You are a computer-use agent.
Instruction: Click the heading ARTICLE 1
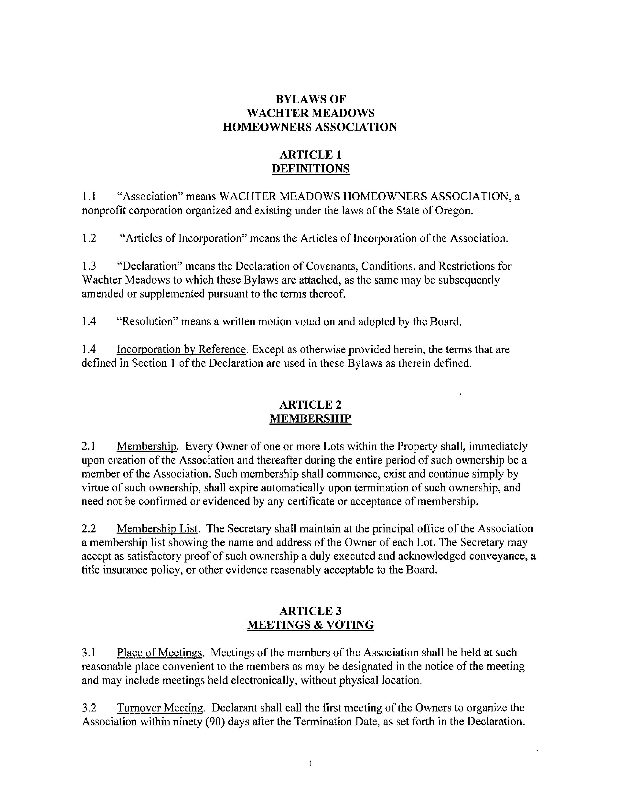coord(310,155)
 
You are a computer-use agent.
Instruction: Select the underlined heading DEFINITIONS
coord(310,169)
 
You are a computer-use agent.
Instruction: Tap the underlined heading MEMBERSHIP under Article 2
coord(310,418)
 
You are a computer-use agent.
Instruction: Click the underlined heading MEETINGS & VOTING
coord(310,625)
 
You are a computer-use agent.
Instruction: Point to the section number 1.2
coord(89,238)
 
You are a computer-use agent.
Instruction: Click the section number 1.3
coord(89,266)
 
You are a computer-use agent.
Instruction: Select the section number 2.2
coord(89,529)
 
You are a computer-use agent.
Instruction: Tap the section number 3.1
coord(89,652)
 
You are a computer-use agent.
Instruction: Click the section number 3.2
coord(89,708)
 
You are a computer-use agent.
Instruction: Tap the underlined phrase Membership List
coord(158,529)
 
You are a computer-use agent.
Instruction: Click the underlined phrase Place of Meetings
coord(160,652)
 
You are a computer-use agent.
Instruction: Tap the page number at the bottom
coord(311,764)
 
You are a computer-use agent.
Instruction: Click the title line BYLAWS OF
coord(310,99)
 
